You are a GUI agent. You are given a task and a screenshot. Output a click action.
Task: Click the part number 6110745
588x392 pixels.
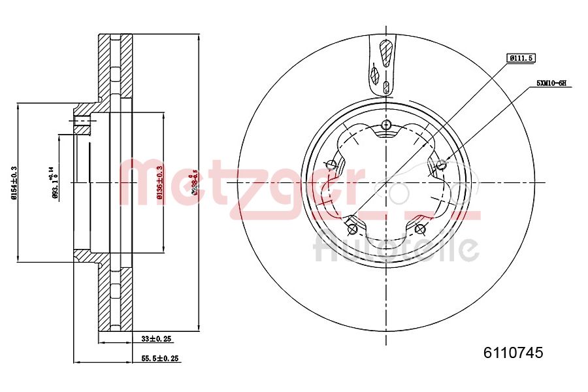click(513, 353)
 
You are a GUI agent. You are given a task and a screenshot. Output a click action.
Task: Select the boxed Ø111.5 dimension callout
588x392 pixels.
click(521, 58)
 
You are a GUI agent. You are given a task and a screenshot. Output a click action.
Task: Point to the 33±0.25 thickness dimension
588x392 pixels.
click(157, 339)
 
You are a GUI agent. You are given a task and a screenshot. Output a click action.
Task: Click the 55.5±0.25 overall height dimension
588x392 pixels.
click(161, 359)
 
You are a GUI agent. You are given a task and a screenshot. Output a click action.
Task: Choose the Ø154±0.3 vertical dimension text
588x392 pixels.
click(14, 183)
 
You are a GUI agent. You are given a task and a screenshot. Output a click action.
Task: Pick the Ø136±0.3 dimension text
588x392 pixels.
click(159, 182)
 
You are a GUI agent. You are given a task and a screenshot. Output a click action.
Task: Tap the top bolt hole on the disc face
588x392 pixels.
click(386, 125)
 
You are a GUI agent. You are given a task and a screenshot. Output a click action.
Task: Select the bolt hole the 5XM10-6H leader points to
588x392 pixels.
click(442, 163)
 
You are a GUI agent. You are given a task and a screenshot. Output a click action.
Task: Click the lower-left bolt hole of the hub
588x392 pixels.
click(352, 229)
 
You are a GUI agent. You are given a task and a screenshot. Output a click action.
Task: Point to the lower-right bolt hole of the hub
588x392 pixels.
click(420, 229)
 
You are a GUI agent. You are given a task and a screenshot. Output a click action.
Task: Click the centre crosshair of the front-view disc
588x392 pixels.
click(386, 183)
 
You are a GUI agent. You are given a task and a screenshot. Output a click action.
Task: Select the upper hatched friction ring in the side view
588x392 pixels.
click(116, 65)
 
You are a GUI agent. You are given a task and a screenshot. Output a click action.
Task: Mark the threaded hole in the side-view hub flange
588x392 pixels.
click(82, 122)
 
